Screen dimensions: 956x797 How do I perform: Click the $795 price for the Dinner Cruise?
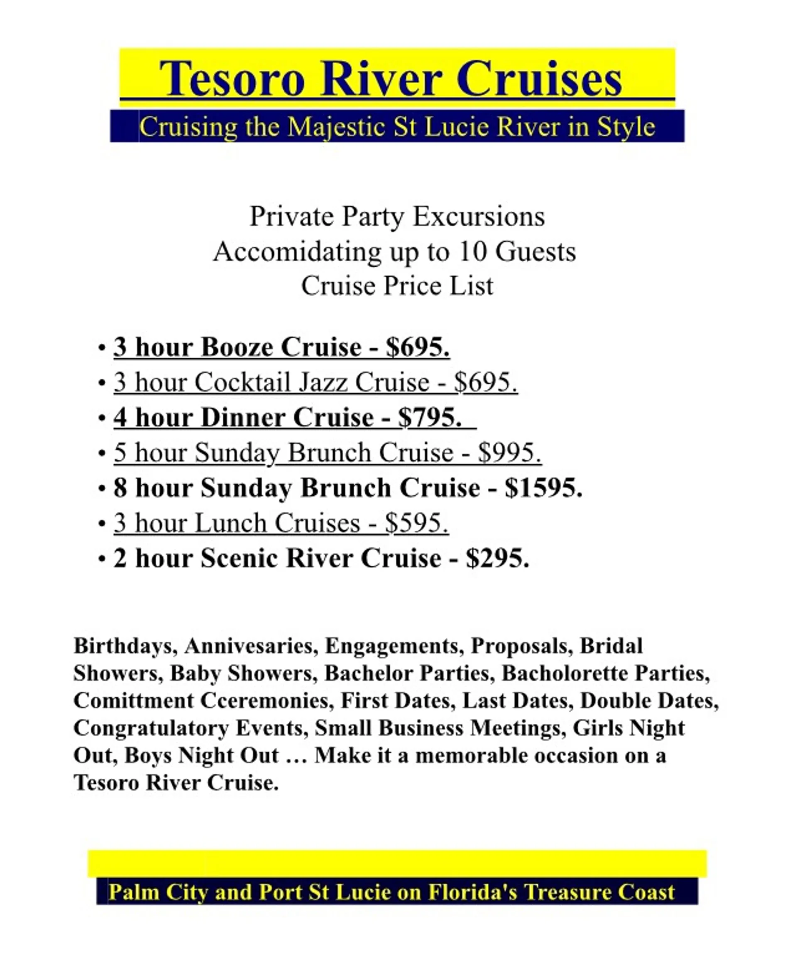pyautogui.click(x=430, y=418)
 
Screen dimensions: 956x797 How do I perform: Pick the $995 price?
pyautogui.click(x=509, y=453)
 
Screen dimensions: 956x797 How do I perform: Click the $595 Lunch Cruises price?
pyautogui.click(x=416, y=523)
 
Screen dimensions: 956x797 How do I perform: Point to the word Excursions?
pyautogui.click(x=479, y=217)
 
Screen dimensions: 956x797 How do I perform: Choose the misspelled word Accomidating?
pyautogui.click(x=297, y=252)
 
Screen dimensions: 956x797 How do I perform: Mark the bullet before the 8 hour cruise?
pyautogui.click(x=102, y=489)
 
